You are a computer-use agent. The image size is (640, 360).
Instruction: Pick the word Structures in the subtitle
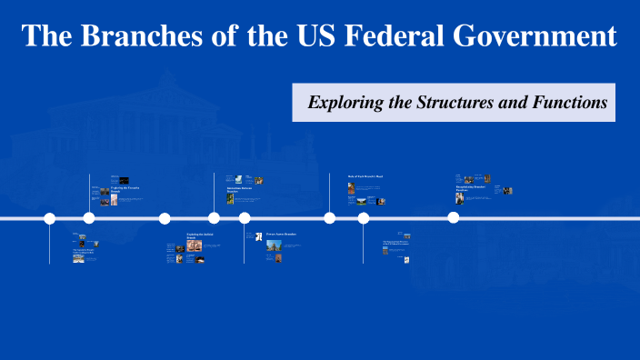coord(453,103)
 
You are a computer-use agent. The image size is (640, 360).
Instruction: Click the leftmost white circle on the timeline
coord(50,218)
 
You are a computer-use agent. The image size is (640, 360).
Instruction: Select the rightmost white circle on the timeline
coord(453,218)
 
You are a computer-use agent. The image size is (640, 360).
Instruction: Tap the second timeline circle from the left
coord(89,218)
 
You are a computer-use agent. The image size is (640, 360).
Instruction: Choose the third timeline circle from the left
coord(165,218)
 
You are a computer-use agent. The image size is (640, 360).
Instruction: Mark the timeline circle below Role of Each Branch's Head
coord(330,218)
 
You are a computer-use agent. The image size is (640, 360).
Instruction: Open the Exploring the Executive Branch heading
coord(125,187)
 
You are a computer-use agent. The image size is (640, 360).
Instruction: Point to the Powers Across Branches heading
coord(282,235)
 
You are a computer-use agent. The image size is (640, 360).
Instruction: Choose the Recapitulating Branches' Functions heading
coord(471,188)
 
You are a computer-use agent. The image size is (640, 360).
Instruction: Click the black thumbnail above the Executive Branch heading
coord(125,179)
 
